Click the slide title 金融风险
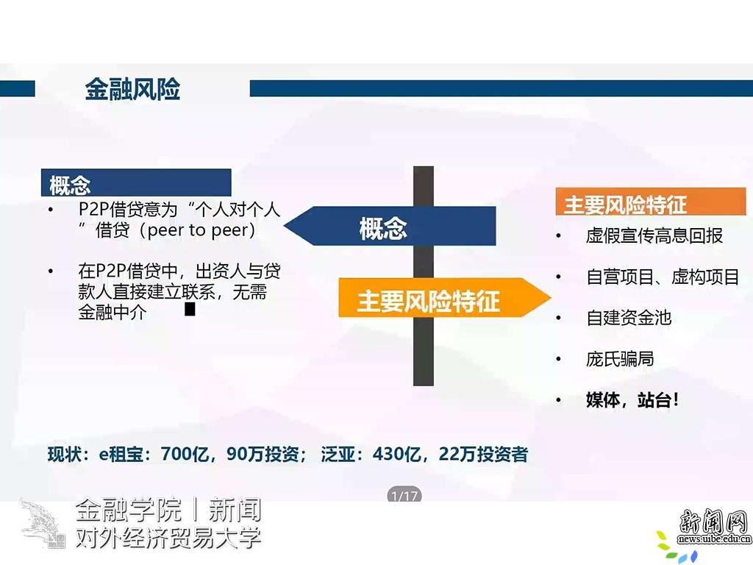(132, 89)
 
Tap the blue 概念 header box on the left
(136, 182)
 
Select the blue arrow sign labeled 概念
(390, 227)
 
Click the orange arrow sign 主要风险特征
(444, 298)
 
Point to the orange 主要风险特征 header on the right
(651, 202)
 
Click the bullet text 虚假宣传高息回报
(654, 235)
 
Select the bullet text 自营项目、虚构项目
(663, 277)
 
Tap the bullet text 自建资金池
(629, 318)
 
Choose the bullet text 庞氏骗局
(620, 359)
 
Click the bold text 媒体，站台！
(632, 399)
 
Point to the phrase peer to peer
(201, 230)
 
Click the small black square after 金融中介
(190, 309)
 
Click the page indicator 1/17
(404, 495)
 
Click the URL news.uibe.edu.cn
(714, 539)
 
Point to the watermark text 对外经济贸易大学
(168, 538)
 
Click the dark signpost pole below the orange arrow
(424, 351)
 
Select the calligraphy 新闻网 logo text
(714, 522)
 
